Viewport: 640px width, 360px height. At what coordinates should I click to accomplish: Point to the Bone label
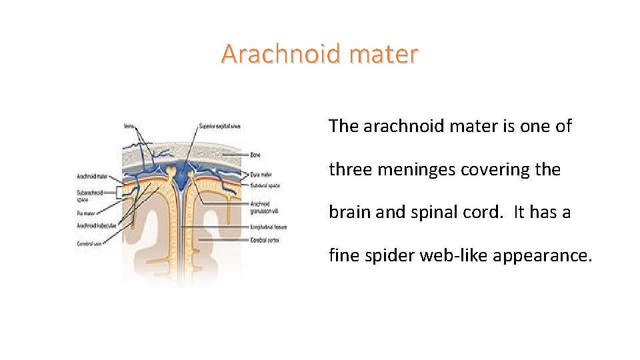(255, 155)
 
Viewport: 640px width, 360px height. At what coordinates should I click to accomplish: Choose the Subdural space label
(265, 185)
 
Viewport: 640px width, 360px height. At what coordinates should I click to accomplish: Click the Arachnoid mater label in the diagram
(93, 177)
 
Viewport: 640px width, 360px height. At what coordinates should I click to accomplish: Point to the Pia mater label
(87, 213)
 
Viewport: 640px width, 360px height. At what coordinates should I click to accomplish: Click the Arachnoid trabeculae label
(97, 225)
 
